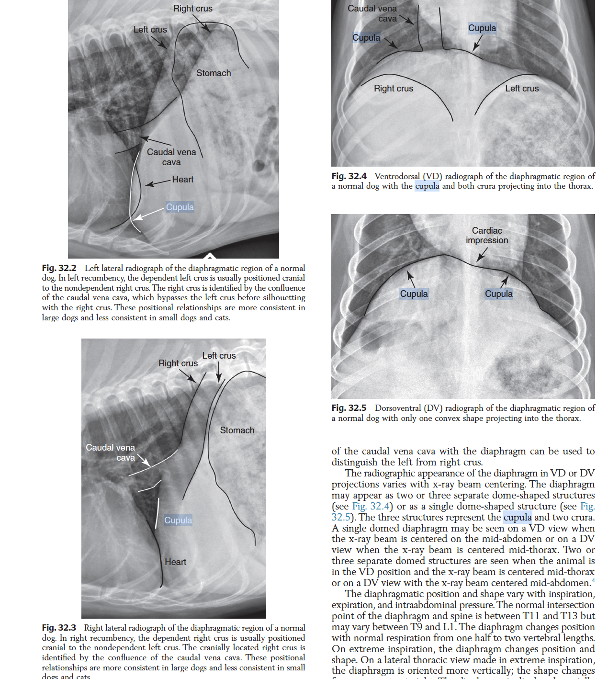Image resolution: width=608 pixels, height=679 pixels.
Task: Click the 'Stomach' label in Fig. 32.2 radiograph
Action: pos(214,73)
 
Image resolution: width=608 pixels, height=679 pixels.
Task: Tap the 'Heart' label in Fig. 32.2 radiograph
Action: pos(183,180)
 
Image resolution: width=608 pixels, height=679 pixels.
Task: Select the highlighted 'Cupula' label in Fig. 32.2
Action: pos(180,207)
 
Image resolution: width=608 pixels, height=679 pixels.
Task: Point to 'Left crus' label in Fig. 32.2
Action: pos(150,30)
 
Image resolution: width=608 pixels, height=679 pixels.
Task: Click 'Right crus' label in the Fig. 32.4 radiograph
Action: pos(394,89)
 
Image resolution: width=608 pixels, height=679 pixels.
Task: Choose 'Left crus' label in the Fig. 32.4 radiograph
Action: pos(522,89)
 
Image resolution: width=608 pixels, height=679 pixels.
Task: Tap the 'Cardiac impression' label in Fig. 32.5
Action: pos(487,236)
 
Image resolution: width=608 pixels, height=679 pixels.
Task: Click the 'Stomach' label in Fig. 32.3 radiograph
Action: pos(237,430)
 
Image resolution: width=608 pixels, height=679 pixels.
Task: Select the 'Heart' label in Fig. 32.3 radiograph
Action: pos(176,562)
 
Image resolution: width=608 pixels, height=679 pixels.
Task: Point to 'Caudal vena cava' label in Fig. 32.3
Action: pos(111,453)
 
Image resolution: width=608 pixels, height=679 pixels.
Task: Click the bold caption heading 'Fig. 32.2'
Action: pos(59,268)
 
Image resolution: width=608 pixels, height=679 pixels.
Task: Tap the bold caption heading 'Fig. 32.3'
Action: pos(59,628)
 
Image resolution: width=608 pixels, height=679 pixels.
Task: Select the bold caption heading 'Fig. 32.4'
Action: pos(349,176)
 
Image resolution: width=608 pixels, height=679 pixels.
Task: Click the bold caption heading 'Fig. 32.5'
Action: pos(349,408)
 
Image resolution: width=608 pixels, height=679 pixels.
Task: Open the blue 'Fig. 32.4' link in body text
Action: pos(371,506)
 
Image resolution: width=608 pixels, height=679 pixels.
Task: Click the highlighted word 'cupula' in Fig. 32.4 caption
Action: pos(427,186)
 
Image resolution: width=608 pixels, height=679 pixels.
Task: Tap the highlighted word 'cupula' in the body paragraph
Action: pos(518,517)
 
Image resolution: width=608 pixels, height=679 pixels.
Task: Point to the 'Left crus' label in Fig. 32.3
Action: pos(219,356)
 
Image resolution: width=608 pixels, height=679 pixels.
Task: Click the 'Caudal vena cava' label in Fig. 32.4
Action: pos(372,13)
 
